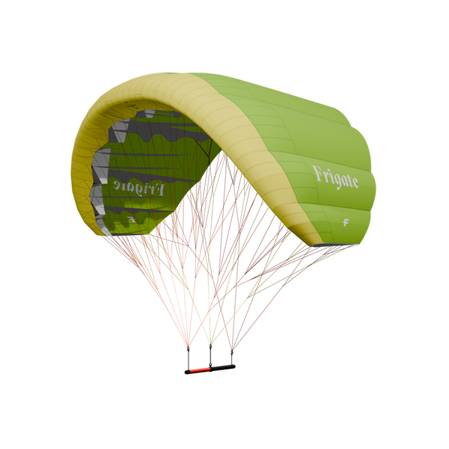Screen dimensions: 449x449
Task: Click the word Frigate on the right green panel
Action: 335,177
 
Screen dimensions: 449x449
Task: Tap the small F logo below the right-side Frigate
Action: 346,222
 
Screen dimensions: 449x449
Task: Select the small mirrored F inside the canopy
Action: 132,219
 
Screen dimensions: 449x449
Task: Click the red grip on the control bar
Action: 199,370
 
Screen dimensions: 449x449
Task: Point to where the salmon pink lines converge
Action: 188,346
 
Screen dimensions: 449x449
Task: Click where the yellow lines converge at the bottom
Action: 210,343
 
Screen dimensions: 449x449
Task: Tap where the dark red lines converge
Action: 230,346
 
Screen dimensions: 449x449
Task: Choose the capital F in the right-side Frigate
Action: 317,174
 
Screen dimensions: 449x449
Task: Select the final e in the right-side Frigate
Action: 355,182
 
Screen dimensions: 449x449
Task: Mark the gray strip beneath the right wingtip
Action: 337,245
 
